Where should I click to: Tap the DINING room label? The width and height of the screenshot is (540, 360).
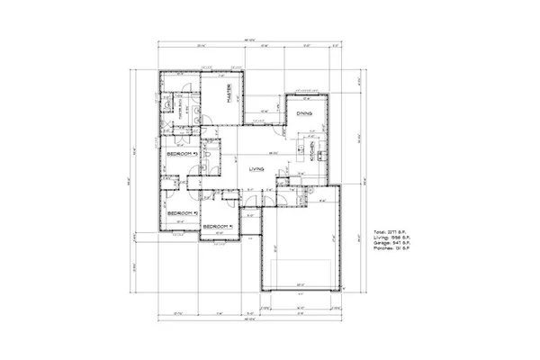pyautogui.click(x=304, y=113)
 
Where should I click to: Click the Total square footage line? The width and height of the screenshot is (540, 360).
pyautogui.click(x=399, y=231)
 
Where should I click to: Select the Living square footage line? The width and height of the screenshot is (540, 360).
pyautogui.click(x=400, y=238)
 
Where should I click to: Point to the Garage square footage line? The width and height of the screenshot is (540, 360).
pyautogui.click(x=400, y=244)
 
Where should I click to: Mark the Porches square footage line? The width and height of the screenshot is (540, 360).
pyautogui.click(x=400, y=250)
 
